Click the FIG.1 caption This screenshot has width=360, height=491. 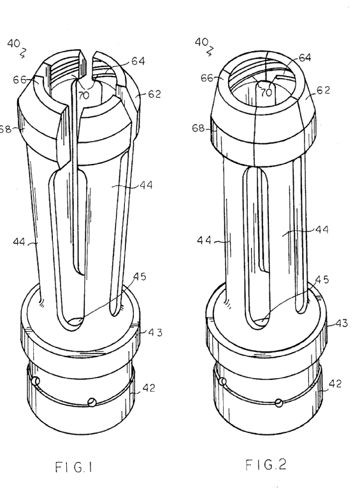coord(74,467)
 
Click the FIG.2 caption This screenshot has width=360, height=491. coord(266,465)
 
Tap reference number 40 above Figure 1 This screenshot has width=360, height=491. coord(14,44)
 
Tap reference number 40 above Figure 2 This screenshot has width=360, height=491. coord(201,42)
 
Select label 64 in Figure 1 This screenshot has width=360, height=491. coord(138,61)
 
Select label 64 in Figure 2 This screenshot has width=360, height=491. coord(305,57)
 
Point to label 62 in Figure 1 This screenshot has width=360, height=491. coord(154,94)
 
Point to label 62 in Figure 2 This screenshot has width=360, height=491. coord(324,90)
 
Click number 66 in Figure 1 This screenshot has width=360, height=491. coord(19,80)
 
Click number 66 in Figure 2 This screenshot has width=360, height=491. coord(207,78)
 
